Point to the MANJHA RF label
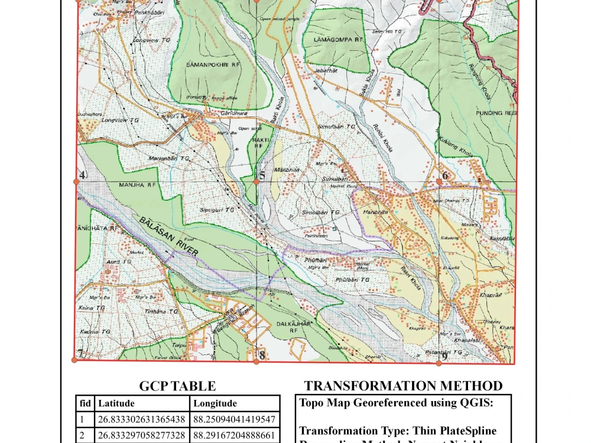click(x=137, y=185)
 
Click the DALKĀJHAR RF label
click(x=294, y=327)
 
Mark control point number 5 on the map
click(x=256, y=182)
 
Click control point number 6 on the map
click(x=439, y=182)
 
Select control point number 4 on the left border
click(x=77, y=181)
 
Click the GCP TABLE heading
click(x=177, y=386)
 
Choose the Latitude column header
click(x=116, y=403)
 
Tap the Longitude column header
click(x=214, y=403)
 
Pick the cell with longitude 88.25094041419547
click(x=235, y=420)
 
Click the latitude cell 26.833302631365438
click(x=141, y=420)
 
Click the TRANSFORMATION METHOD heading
click(x=403, y=386)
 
